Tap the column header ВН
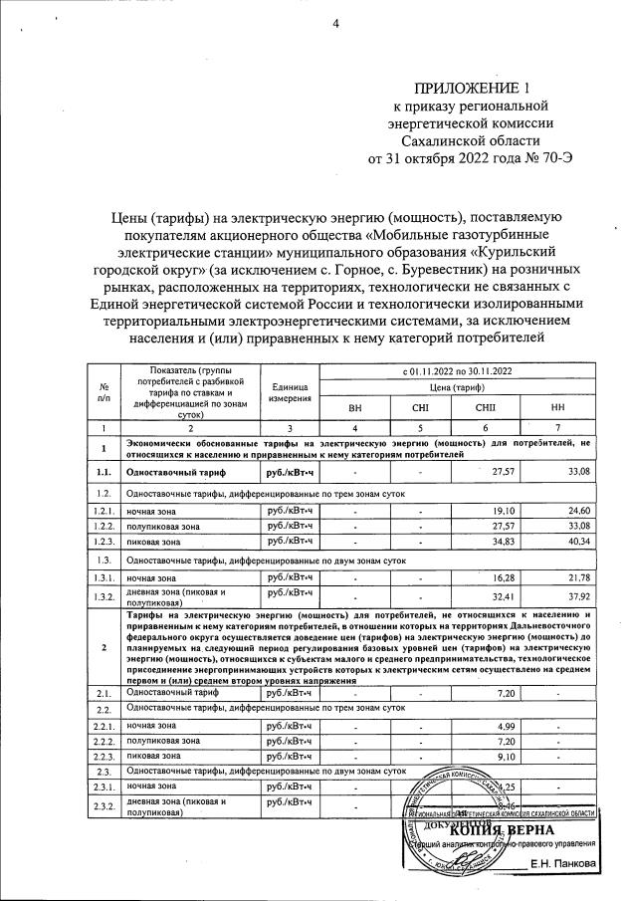coord(355,408)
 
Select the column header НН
coord(555,408)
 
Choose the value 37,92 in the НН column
coord(574,597)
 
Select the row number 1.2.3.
coord(104,540)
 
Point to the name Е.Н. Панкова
coord(565,862)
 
